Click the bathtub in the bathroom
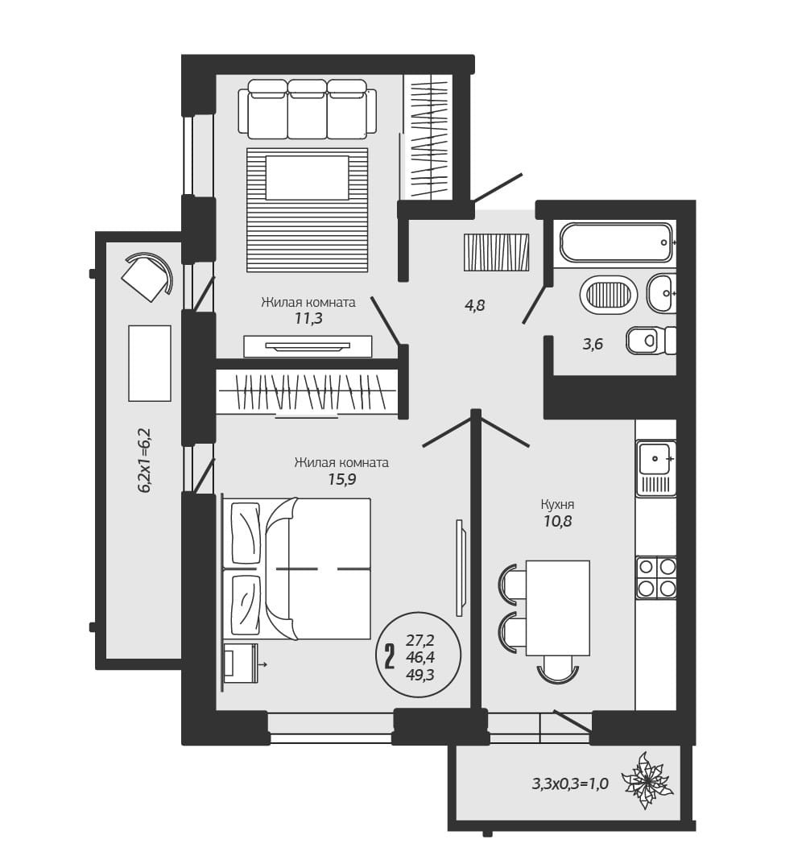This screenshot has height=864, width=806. pyautogui.click(x=616, y=242)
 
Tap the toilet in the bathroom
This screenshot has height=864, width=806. pyautogui.click(x=651, y=340)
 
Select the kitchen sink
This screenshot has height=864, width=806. pyautogui.click(x=656, y=467)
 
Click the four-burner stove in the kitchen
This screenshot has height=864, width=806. pyautogui.click(x=656, y=577)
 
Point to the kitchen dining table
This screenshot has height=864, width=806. pyautogui.click(x=557, y=608)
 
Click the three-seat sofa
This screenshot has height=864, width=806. pyautogui.click(x=308, y=109)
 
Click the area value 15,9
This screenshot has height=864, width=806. pyautogui.click(x=342, y=479)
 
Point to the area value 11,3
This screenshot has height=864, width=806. pyautogui.click(x=308, y=319)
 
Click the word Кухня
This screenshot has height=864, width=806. pyautogui.click(x=557, y=504)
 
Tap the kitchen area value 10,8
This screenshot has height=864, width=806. pyautogui.click(x=557, y=521)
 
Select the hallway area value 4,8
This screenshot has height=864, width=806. pyautogui.click(x=474, y=304)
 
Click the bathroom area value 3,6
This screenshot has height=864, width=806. pyautogui.click(x=593, y=345)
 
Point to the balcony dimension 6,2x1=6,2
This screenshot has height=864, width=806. pyautogui.click(x=146, y=460)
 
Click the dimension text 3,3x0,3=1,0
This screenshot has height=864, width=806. pyautogui.click(x=570, y=783)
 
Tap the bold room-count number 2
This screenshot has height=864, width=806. pyautogui.click(x=390, y=656)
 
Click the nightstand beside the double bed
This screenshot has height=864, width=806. pyautogui.click(x=241, y=663)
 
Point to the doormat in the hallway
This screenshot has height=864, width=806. pyautogui.click(x=496, y=252)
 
